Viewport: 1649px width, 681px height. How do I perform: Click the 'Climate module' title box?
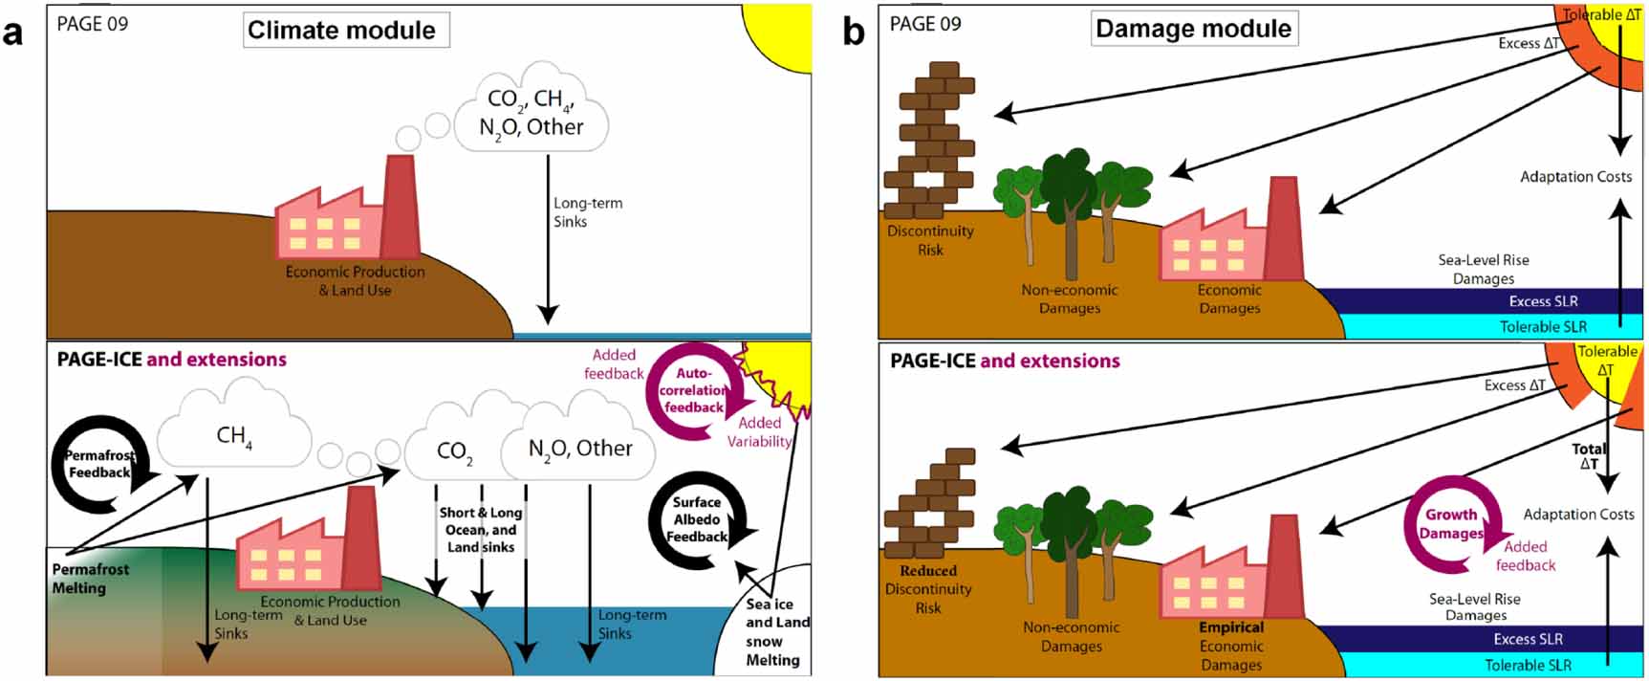(x=342, y=31)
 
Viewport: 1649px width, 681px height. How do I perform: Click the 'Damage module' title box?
(x=1193, y=29)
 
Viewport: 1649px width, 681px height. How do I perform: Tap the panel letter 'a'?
(x=13, y=33)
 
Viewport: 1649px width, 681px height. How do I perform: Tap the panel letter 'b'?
(x=853, y=33)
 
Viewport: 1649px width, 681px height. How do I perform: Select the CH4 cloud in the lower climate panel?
(x=234, y=435)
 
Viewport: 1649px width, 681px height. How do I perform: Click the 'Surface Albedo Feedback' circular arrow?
(x=697, y=520)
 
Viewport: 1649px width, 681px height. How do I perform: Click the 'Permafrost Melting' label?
(x=90, y=579)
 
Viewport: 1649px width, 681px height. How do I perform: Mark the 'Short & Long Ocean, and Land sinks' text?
(x=481, y=530)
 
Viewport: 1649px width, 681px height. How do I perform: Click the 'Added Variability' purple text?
(x=760, y=432)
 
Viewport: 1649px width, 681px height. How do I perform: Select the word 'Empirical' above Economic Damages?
(x=1231, y=627)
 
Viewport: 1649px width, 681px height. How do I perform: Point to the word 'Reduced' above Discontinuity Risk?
(x=928, y=571)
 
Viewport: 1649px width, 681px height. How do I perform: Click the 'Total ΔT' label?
(x=1588, y=456)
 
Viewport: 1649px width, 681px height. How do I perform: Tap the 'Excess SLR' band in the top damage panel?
(x=1543, y=301)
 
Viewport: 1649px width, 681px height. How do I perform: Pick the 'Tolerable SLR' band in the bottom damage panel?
(x=1528, y=665)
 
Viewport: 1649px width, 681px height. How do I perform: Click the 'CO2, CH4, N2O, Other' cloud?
(x=531, y=113)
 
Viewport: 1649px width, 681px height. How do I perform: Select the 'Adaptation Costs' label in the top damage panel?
(x=1575, y=177)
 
